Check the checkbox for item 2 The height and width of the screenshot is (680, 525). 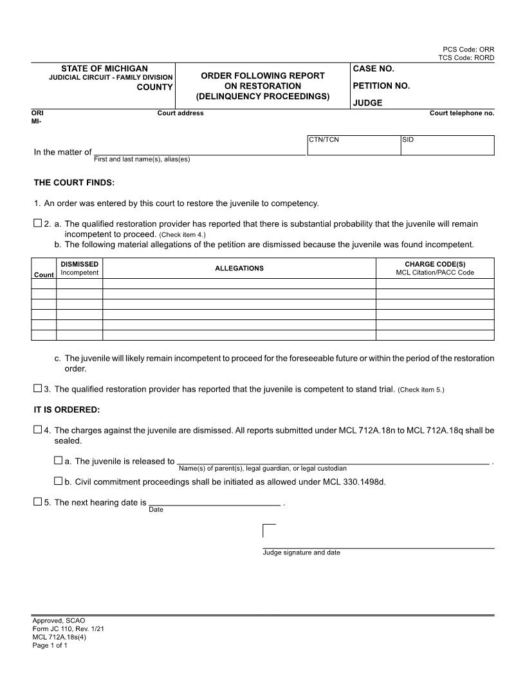coord(37,223)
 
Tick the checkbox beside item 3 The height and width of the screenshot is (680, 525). coord(37,388)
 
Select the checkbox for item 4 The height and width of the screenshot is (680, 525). coord(37,430)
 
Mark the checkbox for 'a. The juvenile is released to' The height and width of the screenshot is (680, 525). coord(59,460)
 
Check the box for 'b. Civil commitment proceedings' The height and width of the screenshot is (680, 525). coord(59,480)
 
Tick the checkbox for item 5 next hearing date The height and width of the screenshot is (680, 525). coord(37,502)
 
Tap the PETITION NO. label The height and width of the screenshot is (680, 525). coord(381,86)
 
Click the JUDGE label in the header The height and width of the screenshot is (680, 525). coord(367,102)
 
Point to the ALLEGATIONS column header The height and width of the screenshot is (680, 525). coord(239,269)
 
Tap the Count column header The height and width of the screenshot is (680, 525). coord(44,275)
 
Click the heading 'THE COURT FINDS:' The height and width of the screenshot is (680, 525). coord(74,183)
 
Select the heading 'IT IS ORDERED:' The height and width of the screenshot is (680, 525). coord(67,410)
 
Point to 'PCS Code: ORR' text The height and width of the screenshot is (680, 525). coord(468,50)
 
